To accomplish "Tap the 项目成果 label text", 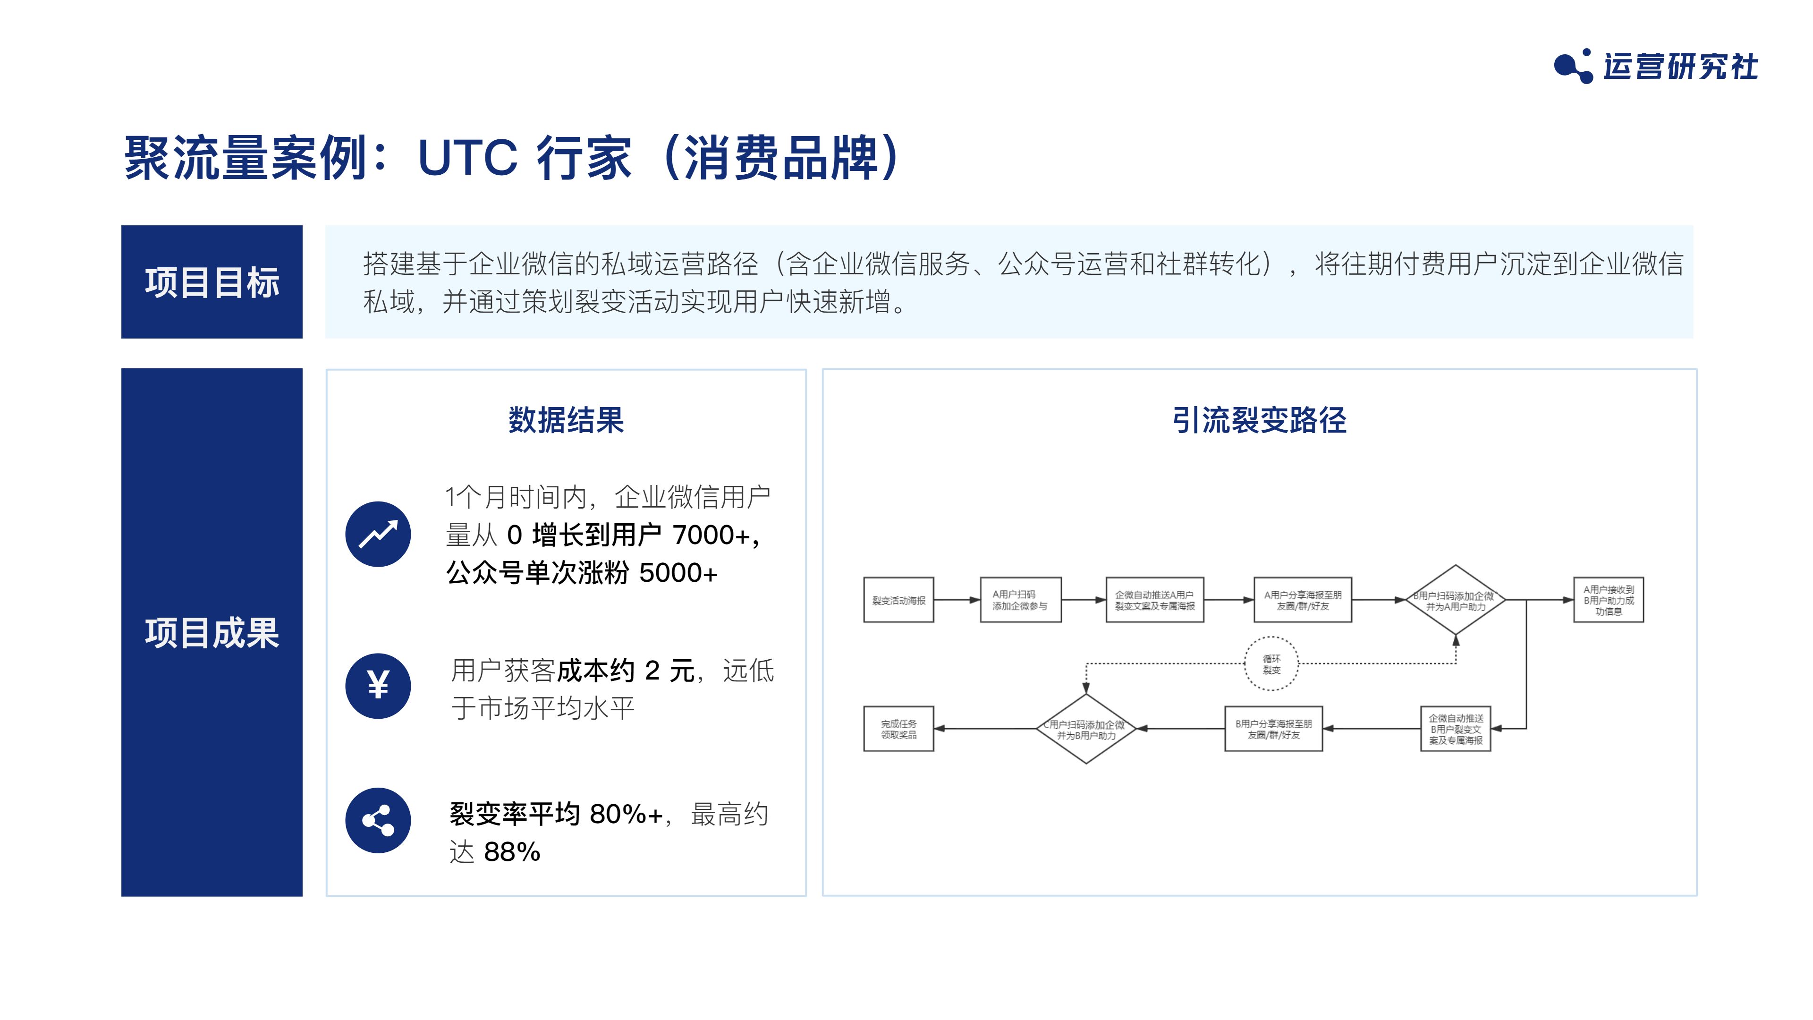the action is point(212,633).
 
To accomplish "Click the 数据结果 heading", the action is point(566,420).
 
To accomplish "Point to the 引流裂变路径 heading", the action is point(1259,420).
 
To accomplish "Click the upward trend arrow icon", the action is point(378,534).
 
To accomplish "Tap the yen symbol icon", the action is point(378,686).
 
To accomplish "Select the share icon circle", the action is point(378,821).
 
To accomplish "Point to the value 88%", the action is point(512,852).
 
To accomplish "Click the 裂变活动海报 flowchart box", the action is point(899,600).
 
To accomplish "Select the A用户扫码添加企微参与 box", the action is point(1020,600).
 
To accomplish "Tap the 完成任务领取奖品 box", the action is point(899,729).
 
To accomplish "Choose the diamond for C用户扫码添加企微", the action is point(1086,729).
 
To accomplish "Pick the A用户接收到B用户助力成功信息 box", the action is point(1608,600).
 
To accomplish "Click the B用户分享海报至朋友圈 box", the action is point(1273,729).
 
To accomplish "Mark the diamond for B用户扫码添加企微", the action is point(1456,600).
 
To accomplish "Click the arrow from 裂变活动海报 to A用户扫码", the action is point(957,600).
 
